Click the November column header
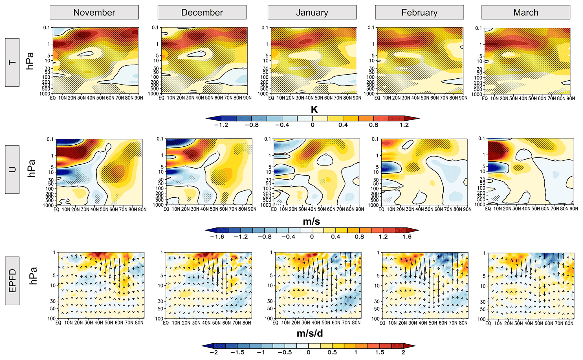pyautogui.click(x=94, y=12)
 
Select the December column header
pyautogui.click(x=202, y=12)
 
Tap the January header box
pyautogui.click(x=312, y=12)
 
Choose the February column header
pyautogui.click(x=419, y=12)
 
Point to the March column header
pyautogui.click(x=526, y=12)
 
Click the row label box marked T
pyautogui.click(x=12, y=62)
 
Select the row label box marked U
pyautogui.click(x=12, y=169)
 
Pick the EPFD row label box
pyautogui.click(x=12, y=281)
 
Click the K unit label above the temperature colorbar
pyautogui.click(x=314, y=110)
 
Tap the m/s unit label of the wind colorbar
pyautogui.click(x=311, y=222)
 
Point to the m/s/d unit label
pyautogui.click(x=310, y=334)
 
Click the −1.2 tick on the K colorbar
pyautogui.click(x=221, y=125)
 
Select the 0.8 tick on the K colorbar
pyautogui.click(x=373, y=125)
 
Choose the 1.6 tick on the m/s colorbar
pyautogui.click(x=407, y=237)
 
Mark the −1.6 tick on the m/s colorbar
pyautogui.click(x=217, y=237)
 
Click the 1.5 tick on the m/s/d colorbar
pyautogui.click(x=380, y=352)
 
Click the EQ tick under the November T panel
pyautogui.click(x=53, y=98)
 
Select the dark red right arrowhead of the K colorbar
pyautogui.click(x=412, y=118)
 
